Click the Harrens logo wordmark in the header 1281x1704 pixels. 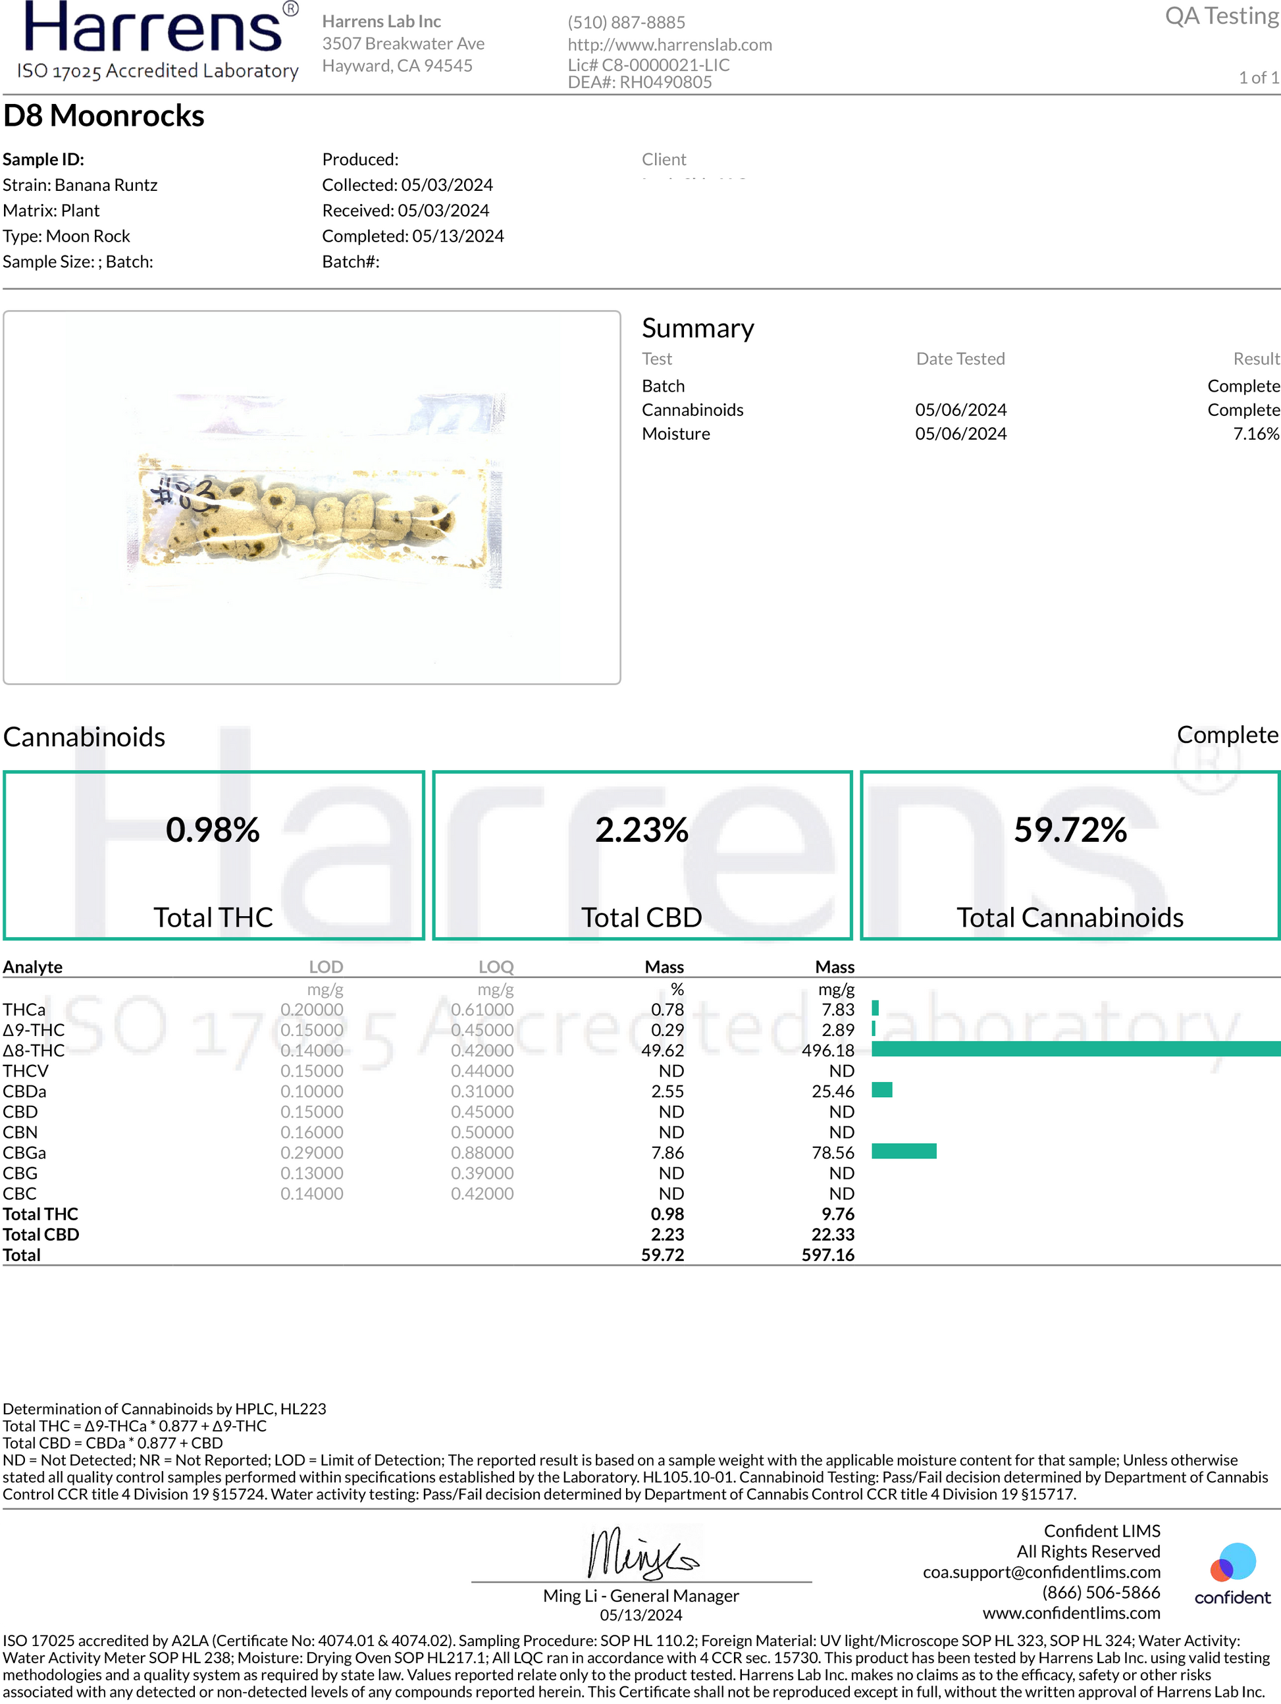pos(154,29)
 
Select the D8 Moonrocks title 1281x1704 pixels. pos(104,116)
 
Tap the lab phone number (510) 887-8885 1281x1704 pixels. pos(626,22)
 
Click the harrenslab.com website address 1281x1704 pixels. pos(669,45)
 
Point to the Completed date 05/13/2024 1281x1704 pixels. pos(457,236)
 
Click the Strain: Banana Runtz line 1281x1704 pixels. pos(80,185)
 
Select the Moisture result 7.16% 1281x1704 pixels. pos(1255,434)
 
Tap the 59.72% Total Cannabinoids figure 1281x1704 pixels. pos(1070,831)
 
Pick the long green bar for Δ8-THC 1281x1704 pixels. pos(1076,1048)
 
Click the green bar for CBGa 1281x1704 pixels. pos(904,1151)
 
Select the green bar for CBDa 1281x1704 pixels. pos(882,1090)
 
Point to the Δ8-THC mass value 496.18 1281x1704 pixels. pos(828,1050)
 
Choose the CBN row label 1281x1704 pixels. pos(20,1133)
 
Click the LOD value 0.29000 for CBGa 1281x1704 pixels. pos(312,1152)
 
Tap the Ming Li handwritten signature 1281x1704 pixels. pos(641,1554)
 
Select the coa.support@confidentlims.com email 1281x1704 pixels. pos(1041,1572)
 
